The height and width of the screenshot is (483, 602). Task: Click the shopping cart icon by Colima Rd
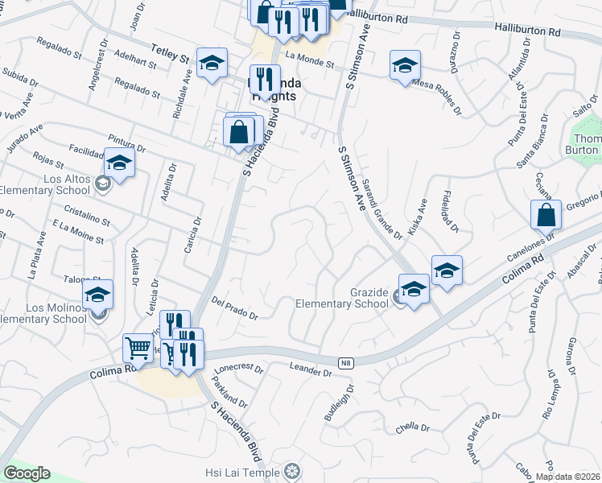tap(138, 348)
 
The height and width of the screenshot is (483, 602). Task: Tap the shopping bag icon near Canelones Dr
tap(546, 215)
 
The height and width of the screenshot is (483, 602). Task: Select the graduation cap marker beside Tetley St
tap(212, 63)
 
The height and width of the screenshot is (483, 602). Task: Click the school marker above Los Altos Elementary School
tap(119, 164)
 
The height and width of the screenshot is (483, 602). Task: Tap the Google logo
tap(27, 473)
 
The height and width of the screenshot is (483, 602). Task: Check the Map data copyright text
tap(567, 477)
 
